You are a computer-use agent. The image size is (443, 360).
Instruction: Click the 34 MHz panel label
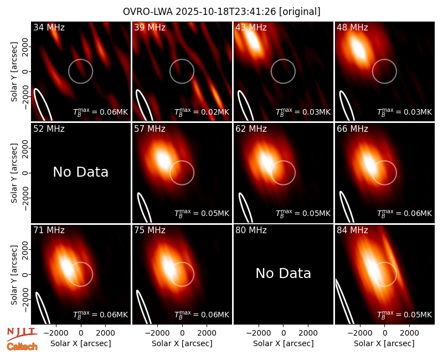click(x=49, y=27)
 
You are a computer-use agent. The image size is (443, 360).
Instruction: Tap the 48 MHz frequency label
click(x=352, y=27)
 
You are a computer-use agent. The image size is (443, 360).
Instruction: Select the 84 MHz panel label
click(x=352, y=230)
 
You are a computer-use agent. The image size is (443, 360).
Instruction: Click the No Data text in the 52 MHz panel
click(x=80, y=172)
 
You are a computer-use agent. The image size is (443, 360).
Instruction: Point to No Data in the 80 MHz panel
click(x=283, y=273)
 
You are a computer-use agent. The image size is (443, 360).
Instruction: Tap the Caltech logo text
click(x=22, y=347)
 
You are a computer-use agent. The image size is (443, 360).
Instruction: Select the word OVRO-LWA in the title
click(x=148, y=12)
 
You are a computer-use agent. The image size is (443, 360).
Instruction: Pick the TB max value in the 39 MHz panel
click(x=202, y=112)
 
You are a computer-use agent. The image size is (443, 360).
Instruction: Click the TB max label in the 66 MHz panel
click(x=405, y=213)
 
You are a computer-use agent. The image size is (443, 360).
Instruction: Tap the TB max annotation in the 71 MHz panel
click(x=101, y=315)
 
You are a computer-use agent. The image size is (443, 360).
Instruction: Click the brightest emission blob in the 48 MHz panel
click(x=358, y=49)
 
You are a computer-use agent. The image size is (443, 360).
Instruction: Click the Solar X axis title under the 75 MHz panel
click(x=182, y=343)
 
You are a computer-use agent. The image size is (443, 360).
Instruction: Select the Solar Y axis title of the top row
click(x=14, y=72)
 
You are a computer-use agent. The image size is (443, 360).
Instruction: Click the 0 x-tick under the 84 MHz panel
click(x=384, y=333)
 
